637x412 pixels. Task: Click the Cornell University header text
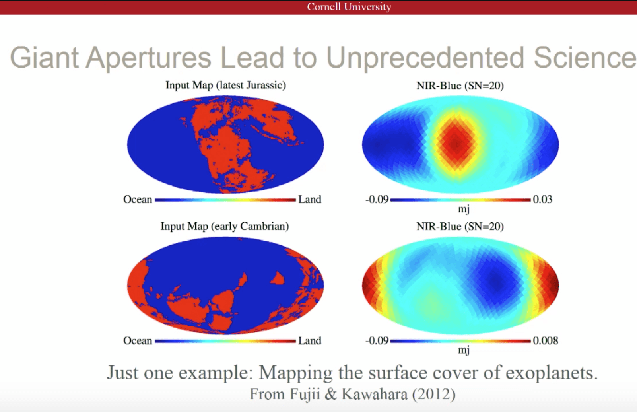(x=349, y=7)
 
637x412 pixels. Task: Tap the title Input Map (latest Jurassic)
(x=226, y=85)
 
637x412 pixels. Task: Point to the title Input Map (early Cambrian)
(x=225, y=227)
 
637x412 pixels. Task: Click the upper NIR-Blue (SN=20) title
(x=460, y=86)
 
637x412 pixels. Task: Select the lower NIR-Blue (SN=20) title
(x=460, y=227)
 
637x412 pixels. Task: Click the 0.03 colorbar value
(x=543, y=200)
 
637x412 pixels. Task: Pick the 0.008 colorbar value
(x=546, y=341)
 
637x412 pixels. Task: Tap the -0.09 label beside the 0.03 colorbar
(x=377, y=200)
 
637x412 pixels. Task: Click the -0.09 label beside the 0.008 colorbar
(x=377, y=341)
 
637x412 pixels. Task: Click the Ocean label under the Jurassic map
(x=138, y=200)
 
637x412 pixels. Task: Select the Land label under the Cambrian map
(x=310, y=341)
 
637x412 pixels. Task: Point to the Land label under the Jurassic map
(x=310, y=200)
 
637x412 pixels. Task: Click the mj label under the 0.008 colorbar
(x=464, y=350)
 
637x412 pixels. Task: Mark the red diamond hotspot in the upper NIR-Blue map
(x=457, y=144)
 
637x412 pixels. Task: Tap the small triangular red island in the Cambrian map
(x=278, y=278)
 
